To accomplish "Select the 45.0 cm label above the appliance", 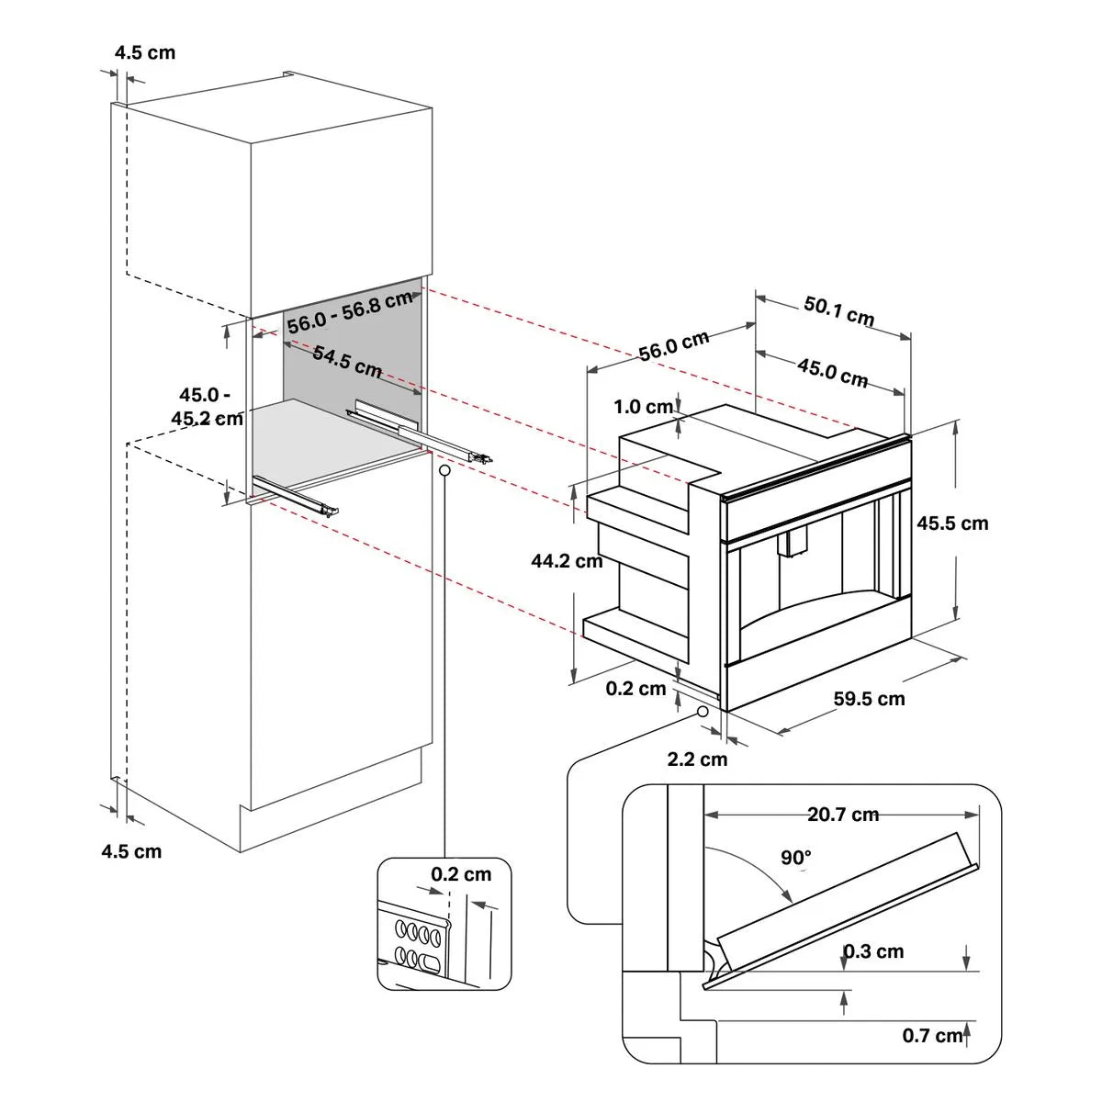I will [832, 373].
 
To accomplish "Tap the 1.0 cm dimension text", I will [644, 407].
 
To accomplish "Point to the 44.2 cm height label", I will [567, 560].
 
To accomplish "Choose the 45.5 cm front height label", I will [952, 523].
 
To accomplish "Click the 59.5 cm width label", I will [869, 699].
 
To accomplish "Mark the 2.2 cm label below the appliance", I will [697, 759].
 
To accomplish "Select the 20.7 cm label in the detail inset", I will [843, 815].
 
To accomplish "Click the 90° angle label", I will [796, 858].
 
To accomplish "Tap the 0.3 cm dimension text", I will [873, 951].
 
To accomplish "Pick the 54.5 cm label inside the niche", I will [347, 362].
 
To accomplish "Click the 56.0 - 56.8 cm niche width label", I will [349, 312].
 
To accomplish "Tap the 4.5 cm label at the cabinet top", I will [144, 52].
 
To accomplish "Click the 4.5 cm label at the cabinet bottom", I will [131, 851].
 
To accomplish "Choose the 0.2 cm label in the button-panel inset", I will [461, 874].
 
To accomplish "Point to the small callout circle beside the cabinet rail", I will [445, 469].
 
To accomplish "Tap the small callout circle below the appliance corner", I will [703, 711].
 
